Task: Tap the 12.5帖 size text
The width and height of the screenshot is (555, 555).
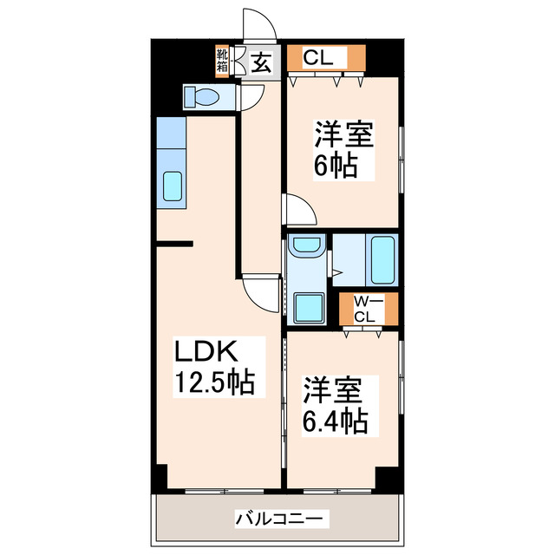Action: click(216, 382)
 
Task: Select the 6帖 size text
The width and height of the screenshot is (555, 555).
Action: click(335, 165)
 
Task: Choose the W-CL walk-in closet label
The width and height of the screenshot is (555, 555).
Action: click(365, 310)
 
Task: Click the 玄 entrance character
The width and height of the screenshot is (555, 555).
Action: click(261, 61)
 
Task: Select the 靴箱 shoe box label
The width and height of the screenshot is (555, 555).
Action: click(222, 60)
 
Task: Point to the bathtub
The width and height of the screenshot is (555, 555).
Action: click(382, 259)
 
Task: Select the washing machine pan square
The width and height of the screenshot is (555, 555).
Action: click(309, 306)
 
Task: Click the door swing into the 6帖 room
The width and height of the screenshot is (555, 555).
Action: click(298, 211)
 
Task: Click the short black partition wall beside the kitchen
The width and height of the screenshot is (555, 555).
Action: click(173, 245)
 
